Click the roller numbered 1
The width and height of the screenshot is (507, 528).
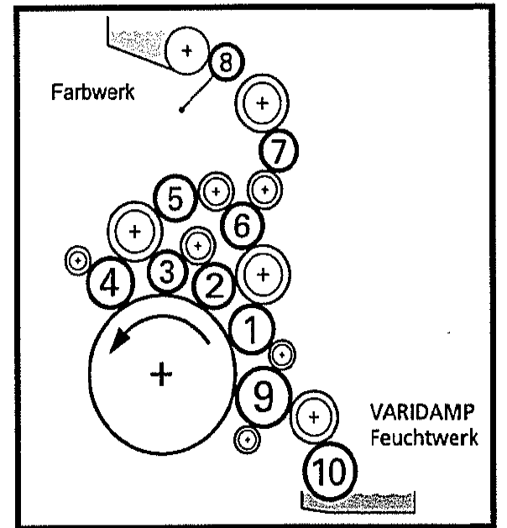(251, 331)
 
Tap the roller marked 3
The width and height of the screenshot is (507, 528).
(167, 271)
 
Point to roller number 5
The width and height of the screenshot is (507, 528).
(175, 199)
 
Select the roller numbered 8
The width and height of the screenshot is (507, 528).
(226, 61)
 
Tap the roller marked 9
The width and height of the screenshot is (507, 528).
(264, 395)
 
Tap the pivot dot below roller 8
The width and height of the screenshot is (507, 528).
(182, 108)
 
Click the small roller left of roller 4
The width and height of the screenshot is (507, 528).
(78, 261)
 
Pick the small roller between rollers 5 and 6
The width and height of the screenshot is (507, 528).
(217, 191)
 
